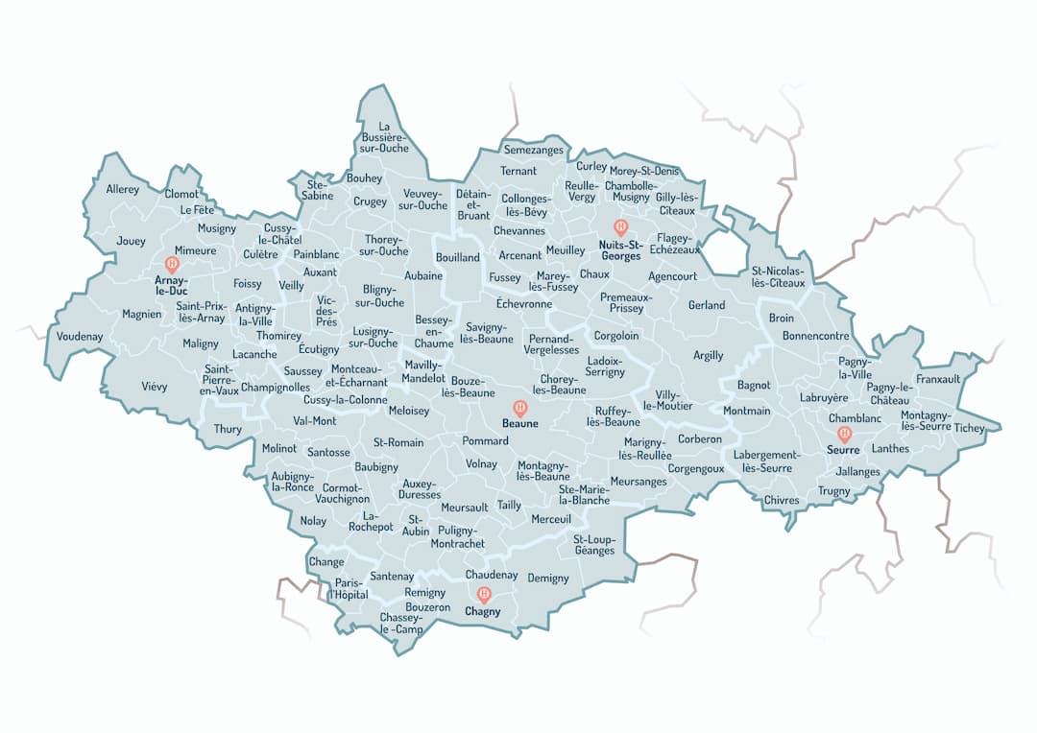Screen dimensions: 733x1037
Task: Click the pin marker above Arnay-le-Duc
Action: click(x=173, y=263)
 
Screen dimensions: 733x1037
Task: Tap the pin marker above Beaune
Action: click(x=520, y=407)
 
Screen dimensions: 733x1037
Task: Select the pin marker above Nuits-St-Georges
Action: click(x=620, y=227)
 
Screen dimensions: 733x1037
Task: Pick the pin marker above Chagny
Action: click(x=484, y=594)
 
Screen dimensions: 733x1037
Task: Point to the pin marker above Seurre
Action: click(x=845, y=434)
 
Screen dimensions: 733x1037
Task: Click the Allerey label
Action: click(x=123, y=189)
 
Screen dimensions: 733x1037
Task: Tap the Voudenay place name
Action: click(x=80, y=337)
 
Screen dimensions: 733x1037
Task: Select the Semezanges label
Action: click(x=534, y=151)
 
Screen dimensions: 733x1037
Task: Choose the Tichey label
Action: click(x=970, y=428)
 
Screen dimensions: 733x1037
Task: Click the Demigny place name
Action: click(x=548, y=579)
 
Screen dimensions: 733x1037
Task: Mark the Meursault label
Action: click(x=465, y=507)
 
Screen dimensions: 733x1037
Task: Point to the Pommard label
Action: click(x=485, y=441)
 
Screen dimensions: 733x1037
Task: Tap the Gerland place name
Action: click(x=707, y=305)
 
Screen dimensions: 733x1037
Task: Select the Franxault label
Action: click(x=938, y=379)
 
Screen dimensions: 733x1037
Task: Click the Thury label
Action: click(x=228, y=429)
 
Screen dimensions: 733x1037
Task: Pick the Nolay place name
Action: click(x=313, y=521)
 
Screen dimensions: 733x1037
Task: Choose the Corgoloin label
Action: click(x=616, y=337)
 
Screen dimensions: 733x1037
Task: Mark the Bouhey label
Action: click(x=365, y=178)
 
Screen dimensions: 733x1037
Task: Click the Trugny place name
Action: click(x=834, y=491)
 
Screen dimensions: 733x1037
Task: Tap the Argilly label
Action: click(x=709, y=356)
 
